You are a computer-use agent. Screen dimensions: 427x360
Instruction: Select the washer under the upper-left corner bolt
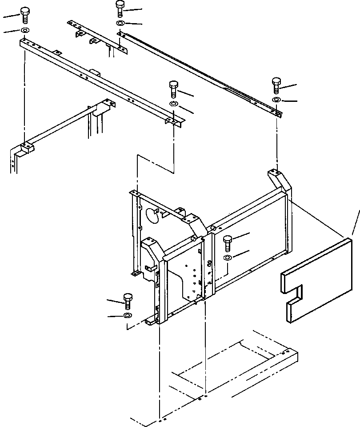point(24,31)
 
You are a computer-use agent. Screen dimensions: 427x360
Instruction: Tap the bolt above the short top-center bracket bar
point(120,8)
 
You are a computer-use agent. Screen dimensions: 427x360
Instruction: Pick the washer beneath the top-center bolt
point(120,23)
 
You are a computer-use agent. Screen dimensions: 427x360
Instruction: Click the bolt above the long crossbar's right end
point(173,89)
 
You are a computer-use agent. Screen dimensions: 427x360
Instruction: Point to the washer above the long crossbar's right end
point(173,104)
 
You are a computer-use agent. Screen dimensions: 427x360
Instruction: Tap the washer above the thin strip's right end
point(276,99)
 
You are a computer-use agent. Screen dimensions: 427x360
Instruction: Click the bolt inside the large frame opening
point(228,242)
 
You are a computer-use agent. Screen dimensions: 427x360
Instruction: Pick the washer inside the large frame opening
point(227,258)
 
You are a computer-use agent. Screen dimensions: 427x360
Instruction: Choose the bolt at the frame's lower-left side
point(128,301)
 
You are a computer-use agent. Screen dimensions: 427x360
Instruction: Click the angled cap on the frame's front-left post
point(153,249)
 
